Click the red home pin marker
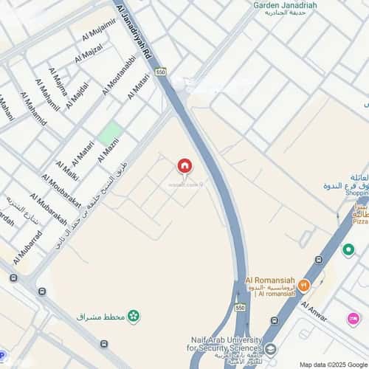click(x=184, y=166)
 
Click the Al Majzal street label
click(x=89, y=54)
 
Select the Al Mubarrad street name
click(x=27, y=246)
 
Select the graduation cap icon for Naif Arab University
click(x=271, y=349)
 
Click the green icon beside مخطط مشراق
click(x=134, y=317)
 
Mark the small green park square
click(x=111, y=134)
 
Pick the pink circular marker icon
click(x=354, y=318)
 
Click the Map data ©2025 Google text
click(x=331, y=365)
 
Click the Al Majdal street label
click(x=77, y=95)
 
